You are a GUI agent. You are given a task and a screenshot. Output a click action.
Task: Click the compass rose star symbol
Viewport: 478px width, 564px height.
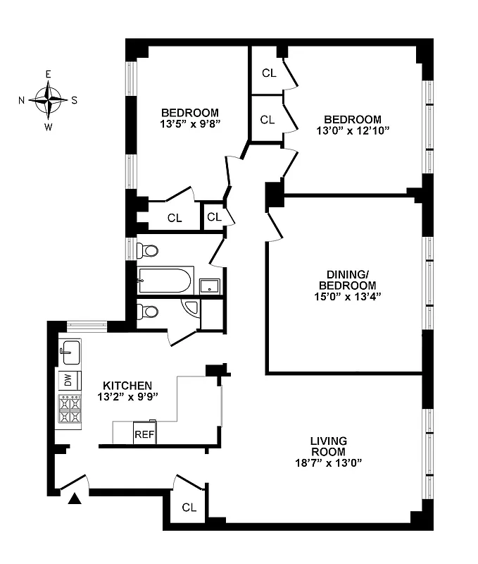[x=49, y=99]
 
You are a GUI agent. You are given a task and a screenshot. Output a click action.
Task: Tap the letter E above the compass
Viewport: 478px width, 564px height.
[x=49, y=74]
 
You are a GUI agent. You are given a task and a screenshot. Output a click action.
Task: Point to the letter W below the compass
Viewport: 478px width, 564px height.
[x=49, y=127]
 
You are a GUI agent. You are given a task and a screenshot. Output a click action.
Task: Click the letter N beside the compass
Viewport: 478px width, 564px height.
[x=22, y=100]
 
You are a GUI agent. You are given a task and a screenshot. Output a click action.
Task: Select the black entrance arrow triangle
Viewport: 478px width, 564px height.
[x=75, y=500]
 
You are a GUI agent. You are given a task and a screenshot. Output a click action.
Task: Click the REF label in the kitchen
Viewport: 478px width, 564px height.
[x=144, y=434]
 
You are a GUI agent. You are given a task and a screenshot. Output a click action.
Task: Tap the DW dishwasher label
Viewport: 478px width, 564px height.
[x=69, y=380]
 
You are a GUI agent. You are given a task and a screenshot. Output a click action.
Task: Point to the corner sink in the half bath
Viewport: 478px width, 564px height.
[x=189, y=307]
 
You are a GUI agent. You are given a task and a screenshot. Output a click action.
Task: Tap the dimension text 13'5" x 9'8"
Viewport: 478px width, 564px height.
[x=189, y=125]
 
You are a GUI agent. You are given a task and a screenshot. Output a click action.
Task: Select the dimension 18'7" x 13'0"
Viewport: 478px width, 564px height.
[x=328, y=463]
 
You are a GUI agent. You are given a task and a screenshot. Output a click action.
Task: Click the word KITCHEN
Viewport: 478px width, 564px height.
[x=127, y=386]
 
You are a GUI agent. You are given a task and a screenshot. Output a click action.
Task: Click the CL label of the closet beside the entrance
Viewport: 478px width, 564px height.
[x=189, y=507]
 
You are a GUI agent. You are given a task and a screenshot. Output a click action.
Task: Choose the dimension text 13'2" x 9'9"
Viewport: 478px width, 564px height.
[x=127, y=397]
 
